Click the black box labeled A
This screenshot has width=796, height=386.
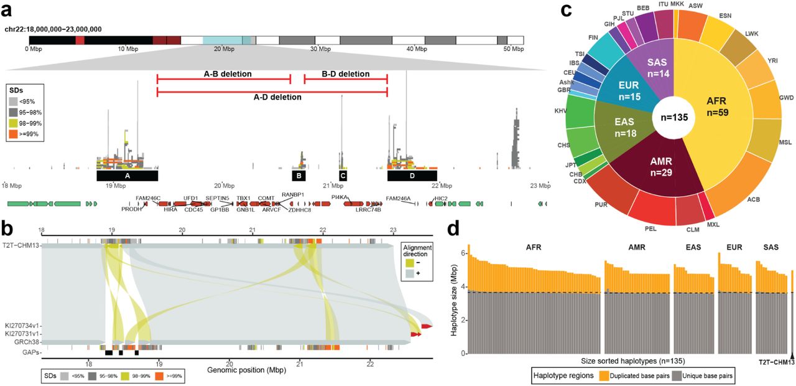[127, 176]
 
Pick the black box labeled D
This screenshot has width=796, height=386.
[412, 176]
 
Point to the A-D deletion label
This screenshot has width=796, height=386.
[272, 98]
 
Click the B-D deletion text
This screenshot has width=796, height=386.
[345, 74]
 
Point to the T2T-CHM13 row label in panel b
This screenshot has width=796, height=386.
[21, 245]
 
